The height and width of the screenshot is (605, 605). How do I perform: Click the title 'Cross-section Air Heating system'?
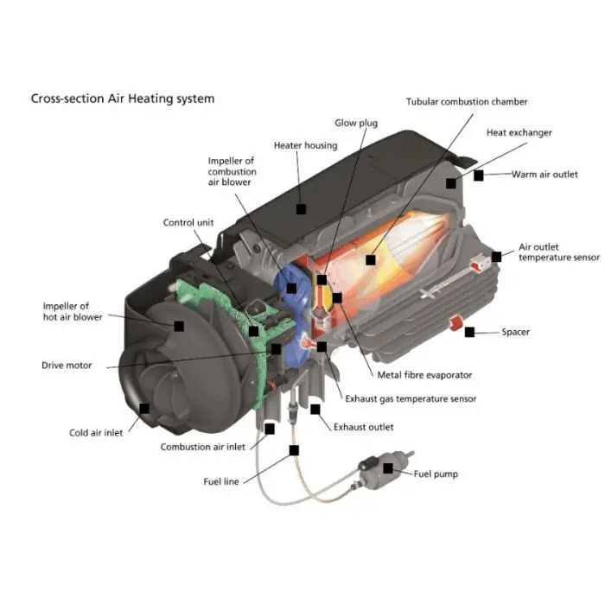123,99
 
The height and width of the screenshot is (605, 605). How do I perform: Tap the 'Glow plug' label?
356,124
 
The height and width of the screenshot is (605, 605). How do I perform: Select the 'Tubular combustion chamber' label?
467,102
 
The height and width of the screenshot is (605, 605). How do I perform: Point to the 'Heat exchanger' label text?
519,133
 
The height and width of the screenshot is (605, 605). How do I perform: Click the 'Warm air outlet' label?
544,175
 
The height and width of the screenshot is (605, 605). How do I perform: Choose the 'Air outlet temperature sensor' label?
558,252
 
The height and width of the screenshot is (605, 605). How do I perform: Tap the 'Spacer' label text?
516,332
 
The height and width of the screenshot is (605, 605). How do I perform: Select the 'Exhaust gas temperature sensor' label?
411,398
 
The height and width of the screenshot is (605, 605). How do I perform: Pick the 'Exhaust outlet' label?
363,427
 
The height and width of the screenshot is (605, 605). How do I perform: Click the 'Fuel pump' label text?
436,474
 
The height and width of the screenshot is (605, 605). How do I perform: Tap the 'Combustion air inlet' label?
203,447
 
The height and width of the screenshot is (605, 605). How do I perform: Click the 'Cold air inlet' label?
96,433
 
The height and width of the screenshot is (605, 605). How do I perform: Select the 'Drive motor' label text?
67,366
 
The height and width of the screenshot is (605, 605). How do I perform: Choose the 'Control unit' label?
188,223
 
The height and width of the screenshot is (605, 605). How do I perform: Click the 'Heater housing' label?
305,145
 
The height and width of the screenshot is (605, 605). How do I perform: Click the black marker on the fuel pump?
388,468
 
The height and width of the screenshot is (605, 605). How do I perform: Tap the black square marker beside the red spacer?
469,332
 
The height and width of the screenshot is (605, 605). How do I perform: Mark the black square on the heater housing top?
301,208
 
